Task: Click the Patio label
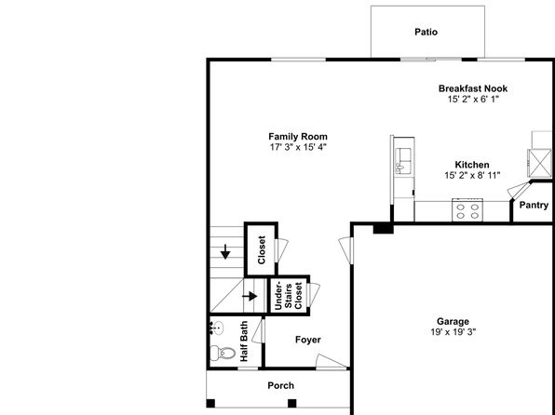(426, 32)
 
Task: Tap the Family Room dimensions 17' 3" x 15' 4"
(298, 147)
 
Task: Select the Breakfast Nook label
(473, 88)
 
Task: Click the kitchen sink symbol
(403, 161)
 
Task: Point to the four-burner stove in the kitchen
(467, 210)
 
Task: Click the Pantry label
(534, 205)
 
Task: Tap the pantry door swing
(520, 190)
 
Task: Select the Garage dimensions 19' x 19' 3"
(453, 332)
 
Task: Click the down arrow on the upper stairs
(225, 251)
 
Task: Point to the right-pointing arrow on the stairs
(250, 296)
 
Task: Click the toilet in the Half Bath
(223, 353)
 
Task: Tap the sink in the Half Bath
(216, 328)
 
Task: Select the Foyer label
(308, 340)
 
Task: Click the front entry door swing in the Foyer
(331, 361)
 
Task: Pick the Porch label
(280, 385)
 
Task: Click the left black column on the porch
(210, 403)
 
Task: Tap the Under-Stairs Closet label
(289, 296)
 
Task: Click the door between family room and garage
(345, 250)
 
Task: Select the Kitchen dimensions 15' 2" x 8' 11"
(472, 175)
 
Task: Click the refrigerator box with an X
(539, 163)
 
